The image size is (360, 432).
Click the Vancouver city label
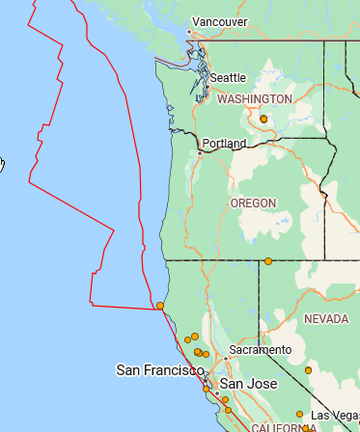coord(219,21)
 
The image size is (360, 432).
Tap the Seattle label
coord(228,77)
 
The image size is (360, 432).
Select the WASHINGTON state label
coord(255,99)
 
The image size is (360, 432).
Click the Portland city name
coord(224,144)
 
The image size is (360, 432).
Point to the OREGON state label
coord(253,203)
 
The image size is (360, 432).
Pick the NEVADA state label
coord(325,318)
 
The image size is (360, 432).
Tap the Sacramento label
coord(260,349)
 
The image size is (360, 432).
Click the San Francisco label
coord(160,369)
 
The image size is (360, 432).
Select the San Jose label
coord(248,384)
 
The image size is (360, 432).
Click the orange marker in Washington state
coord(263,119)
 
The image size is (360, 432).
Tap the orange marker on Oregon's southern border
coord(268,261)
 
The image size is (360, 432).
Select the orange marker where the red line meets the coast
coord(160,307)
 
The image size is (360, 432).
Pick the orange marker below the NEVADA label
coord(308,370)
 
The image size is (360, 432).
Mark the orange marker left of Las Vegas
coord(299,415)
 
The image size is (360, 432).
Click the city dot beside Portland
coord(199,152)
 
